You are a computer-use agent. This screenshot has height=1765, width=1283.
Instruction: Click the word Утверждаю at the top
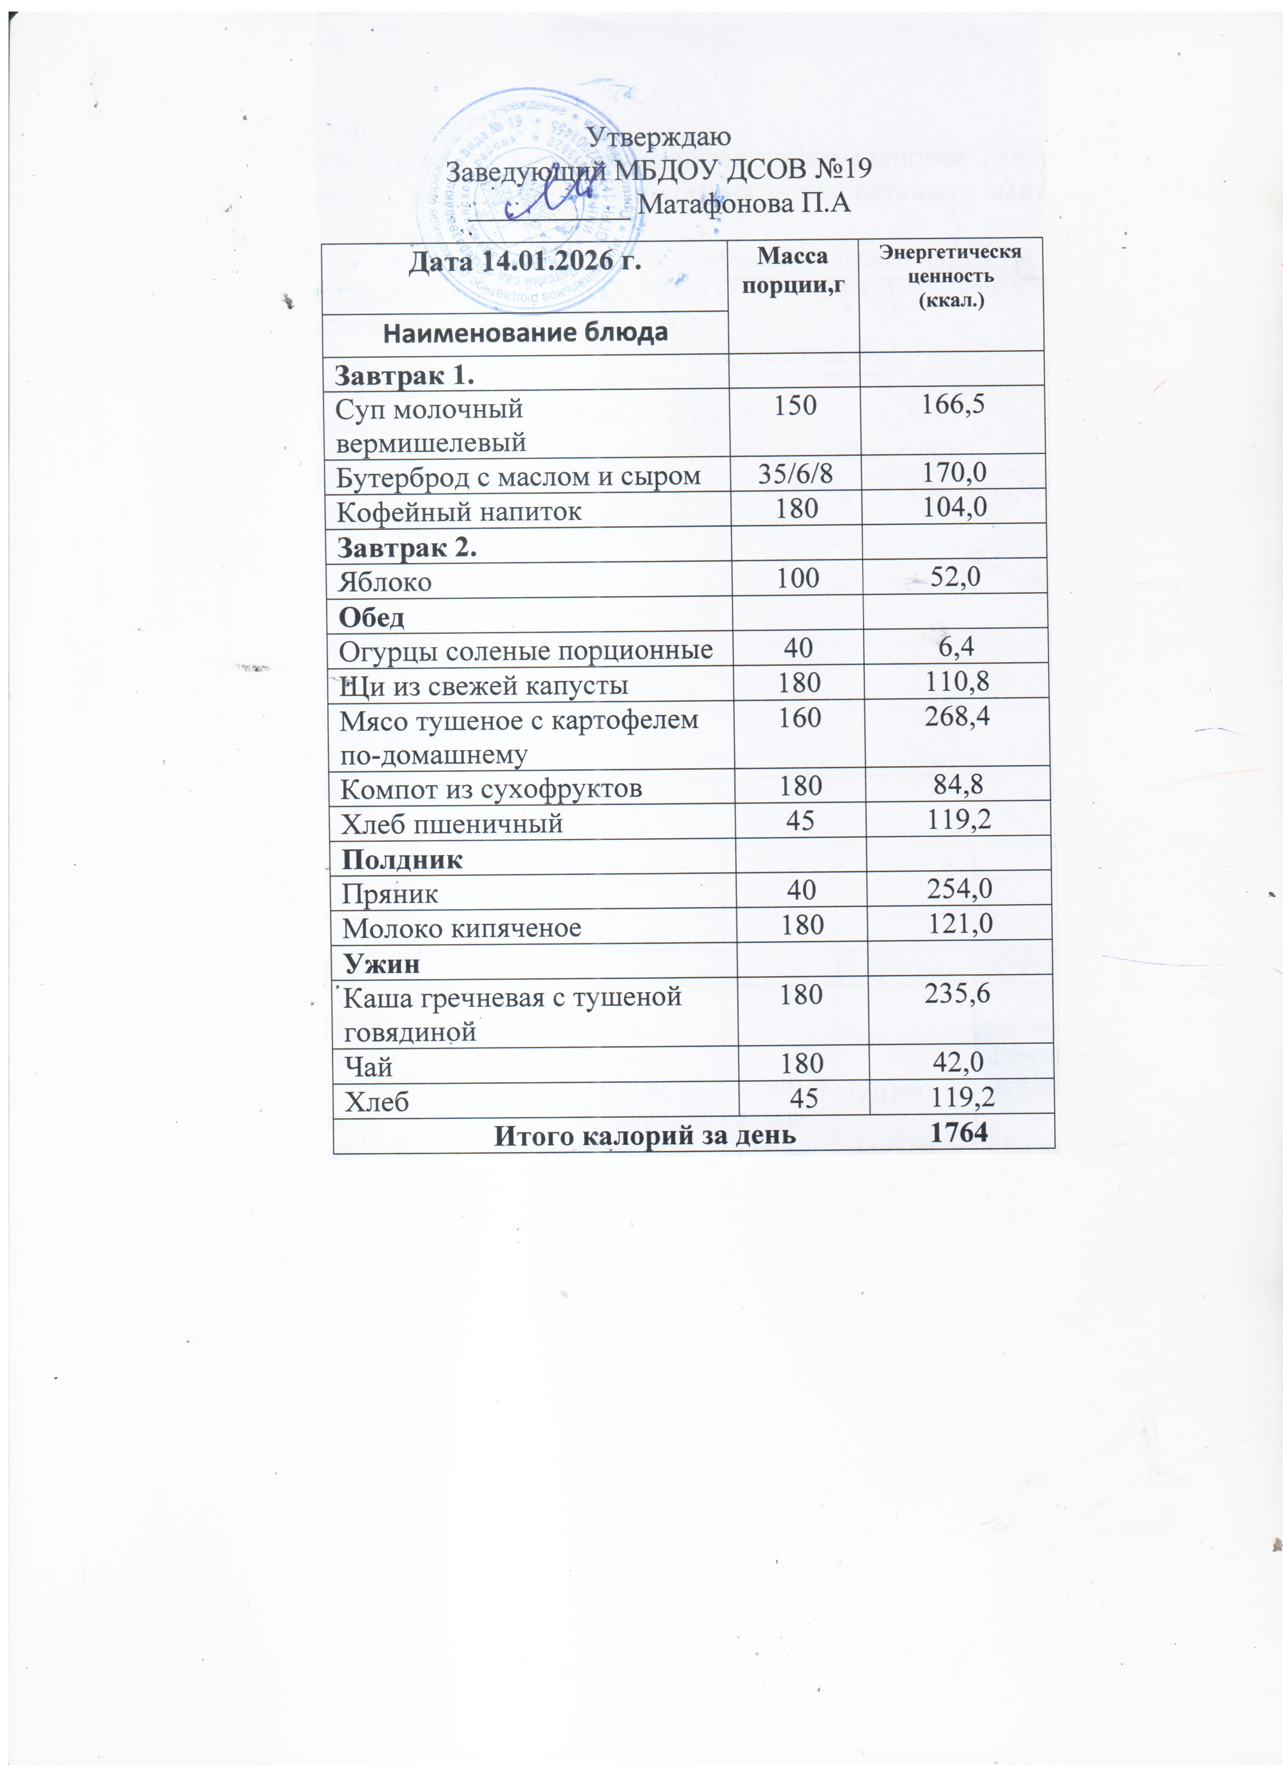658,137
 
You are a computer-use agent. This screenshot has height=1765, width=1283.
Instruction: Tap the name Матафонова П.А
744,203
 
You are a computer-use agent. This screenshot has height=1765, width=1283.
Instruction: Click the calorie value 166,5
953,404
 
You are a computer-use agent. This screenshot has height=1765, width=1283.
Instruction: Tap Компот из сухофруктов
492,789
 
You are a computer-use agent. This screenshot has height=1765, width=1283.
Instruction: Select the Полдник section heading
403,859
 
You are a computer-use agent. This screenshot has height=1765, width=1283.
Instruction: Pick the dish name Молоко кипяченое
462,928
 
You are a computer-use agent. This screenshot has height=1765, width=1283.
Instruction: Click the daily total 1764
959,1133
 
